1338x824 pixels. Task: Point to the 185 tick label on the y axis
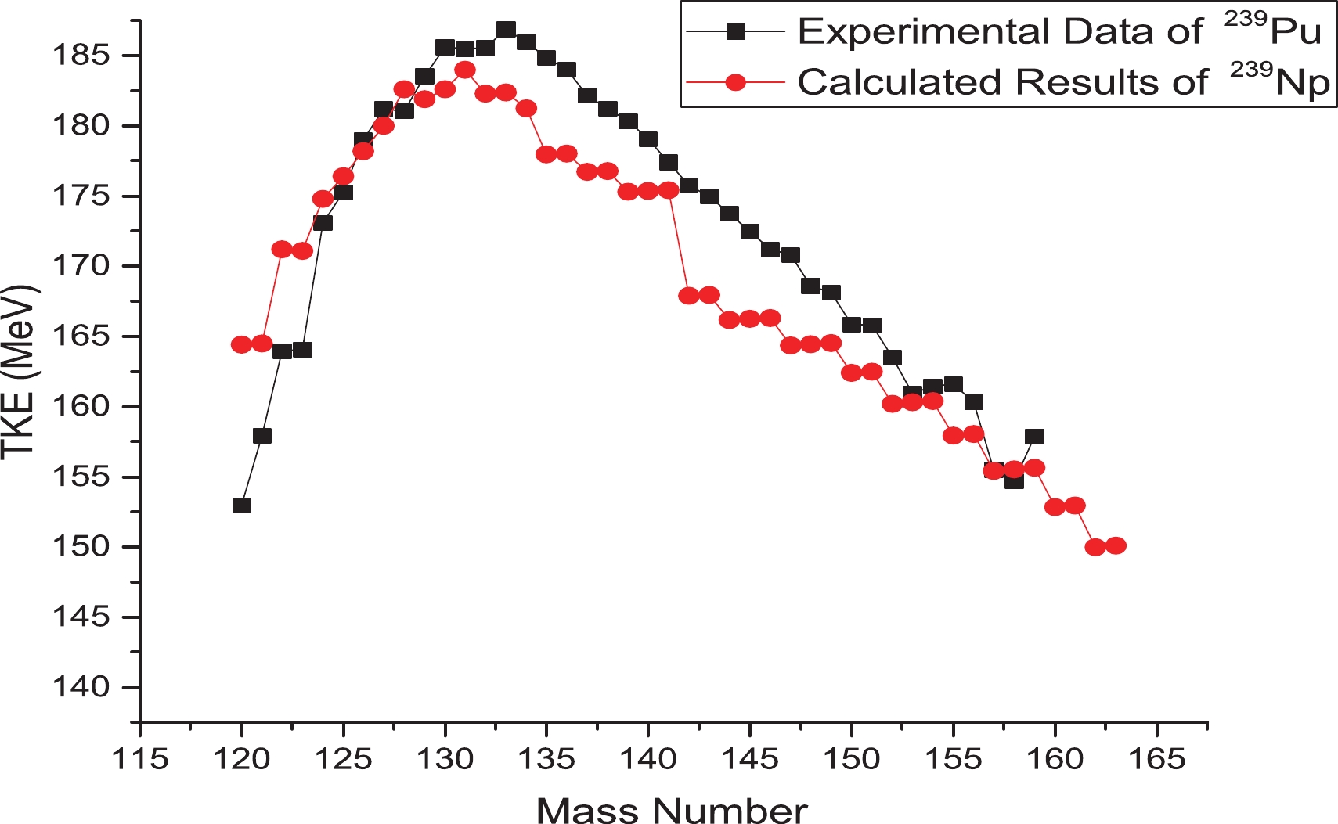click(x=79, y=56)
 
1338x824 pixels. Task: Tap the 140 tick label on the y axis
click(x=79, y=687)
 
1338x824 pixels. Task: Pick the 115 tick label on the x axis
click(x=141, y=758)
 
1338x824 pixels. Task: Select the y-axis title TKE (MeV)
click(x=19, y=372)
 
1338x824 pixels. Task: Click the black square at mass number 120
click(x=242, y=506)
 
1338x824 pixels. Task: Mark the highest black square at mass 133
click(x=507, y=30)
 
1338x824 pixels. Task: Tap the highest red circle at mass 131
click(x=465, y=70)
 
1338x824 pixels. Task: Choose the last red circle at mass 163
click(x=1116, y=545)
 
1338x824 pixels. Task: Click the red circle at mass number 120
click(x=242, y=344)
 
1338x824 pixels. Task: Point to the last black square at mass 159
click(x=1034, y=437)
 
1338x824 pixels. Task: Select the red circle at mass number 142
click(x=689, y=296)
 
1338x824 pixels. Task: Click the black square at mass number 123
click(x=303, y=350)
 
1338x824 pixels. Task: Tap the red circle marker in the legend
click(x=735, y=82)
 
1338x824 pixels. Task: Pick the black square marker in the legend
click(x=735, y=31)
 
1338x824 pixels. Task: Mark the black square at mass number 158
click(x=1014, y=480)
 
